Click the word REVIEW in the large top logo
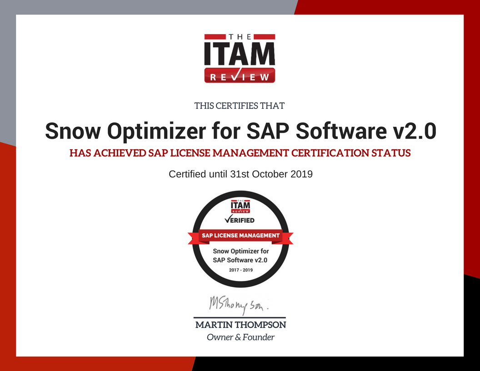pyautogui.click(x=240, y=77)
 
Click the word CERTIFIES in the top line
pyautogui.click(x=235, y=106)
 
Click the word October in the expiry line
pyautogui.click(x=270, y=174)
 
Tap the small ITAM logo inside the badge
pyautogui.click(x=240, y=207)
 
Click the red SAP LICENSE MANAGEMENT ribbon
pyautogui.click(x=240, y=236)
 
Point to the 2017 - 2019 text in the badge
pyautogui.click(x=240, y=270)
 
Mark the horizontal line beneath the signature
pyautogui.click(x=240, y=317)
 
